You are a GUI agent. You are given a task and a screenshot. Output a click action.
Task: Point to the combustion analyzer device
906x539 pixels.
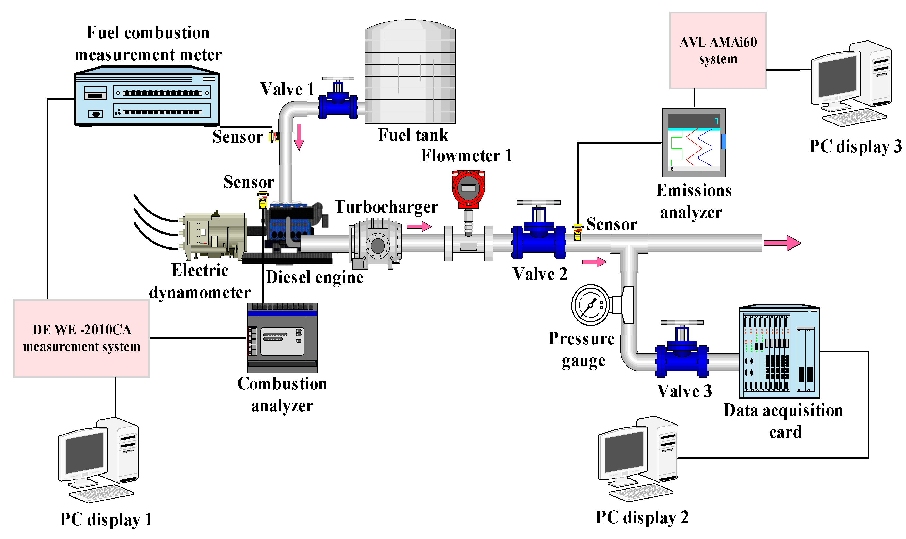[x=282, y=338]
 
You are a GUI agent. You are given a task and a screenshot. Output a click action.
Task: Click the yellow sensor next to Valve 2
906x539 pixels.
[x=577, y=233]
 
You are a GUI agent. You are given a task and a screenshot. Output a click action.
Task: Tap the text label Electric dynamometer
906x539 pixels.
[x=200, y=281]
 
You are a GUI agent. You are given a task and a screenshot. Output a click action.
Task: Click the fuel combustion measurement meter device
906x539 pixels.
[x=147, y=96]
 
